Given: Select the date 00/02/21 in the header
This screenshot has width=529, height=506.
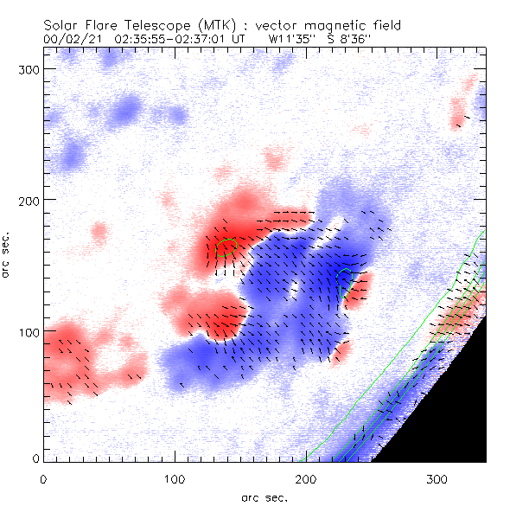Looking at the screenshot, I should tap(68, 39).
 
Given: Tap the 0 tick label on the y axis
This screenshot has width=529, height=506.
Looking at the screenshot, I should tap(35, 458).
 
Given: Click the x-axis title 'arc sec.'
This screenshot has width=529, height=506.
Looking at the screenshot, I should tap(264, 496).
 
